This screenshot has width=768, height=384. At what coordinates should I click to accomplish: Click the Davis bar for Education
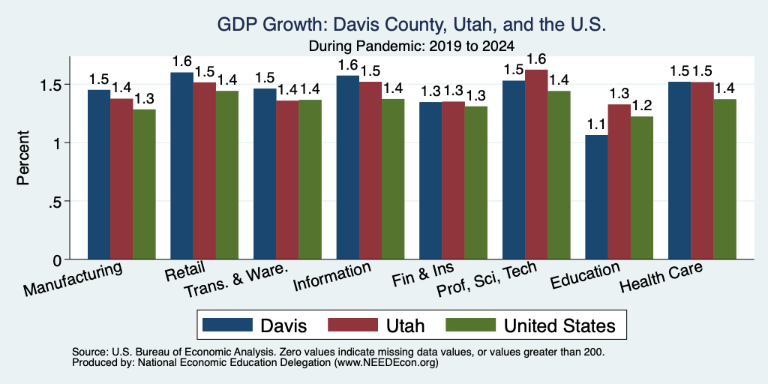click(596, 197)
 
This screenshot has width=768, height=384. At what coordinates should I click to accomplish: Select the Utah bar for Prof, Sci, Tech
click(536, 164)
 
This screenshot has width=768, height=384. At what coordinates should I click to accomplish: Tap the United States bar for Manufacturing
click(144, 184)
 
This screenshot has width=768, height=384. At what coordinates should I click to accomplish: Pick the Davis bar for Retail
click(181, 166)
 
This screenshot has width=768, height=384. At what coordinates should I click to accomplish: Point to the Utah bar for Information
click(370, 170)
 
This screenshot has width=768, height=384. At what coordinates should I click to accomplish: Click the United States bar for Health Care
click(725, 179)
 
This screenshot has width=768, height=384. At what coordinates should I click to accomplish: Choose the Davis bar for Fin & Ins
click(430, 181)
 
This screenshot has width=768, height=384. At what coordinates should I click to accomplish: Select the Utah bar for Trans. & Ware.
click(287, 180)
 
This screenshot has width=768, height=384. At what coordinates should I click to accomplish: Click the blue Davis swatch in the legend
click(227, 325)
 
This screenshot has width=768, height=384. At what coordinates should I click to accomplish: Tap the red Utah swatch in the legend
click(352, 325)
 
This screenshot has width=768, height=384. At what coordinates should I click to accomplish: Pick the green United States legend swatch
click(470, 325)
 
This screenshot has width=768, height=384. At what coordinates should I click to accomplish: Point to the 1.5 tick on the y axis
click(67, 84)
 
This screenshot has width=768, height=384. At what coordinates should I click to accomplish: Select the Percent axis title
click(23, 157)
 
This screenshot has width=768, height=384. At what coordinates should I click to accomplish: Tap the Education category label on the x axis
click(585, 275)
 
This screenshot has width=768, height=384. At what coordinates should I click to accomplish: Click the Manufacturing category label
click(73, 279)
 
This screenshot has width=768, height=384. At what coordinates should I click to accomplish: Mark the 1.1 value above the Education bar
click(596, 124)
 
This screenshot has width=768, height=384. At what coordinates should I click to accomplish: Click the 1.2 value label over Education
click(642, 106)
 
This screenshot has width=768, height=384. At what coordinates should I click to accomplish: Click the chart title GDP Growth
click(412, 24)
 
